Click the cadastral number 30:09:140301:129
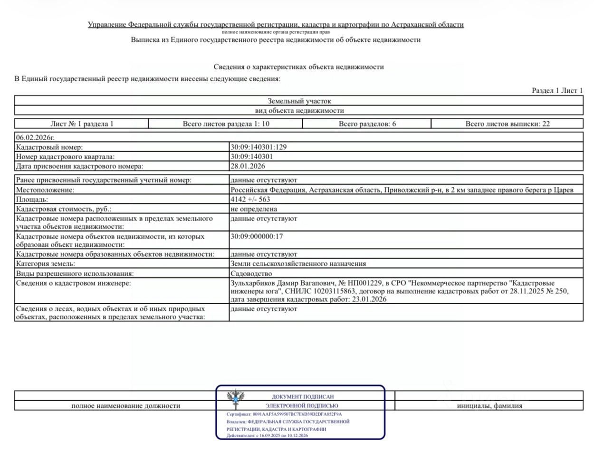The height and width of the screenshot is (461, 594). [x=259, y=147]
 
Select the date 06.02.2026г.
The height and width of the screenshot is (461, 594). [x=35, y=137]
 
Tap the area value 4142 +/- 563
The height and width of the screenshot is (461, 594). [x=250, y=200]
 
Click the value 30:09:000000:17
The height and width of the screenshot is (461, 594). [x=257, y=236]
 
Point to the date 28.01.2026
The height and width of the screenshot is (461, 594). [x=248, y=166]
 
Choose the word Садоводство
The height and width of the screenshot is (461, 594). [x=251, y=274]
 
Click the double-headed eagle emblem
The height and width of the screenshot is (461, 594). [x=235, y=397]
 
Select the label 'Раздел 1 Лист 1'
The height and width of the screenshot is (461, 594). [x=557, y=90]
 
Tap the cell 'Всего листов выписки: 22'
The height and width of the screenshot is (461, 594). [x=508, y=124]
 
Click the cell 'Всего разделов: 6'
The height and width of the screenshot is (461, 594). [x=367, y=124]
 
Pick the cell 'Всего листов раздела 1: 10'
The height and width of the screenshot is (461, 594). [x=226, y=124]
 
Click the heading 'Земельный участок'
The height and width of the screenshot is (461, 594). [x=299, y=101]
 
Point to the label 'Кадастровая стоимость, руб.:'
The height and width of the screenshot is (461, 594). [x=64, y=209]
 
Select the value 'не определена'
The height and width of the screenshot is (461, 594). [x=253, y=209]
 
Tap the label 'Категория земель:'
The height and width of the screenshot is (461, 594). [x=46, y=264]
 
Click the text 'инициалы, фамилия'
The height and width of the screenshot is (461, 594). [x=489, y=406]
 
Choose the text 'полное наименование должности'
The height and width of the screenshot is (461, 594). [x=125, y=406]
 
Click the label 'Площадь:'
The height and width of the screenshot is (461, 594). [x=32, y=200]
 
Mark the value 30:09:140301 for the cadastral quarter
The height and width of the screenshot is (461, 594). [x=251, y=157]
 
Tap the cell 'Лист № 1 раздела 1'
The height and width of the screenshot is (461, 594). [x=82, y=124]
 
